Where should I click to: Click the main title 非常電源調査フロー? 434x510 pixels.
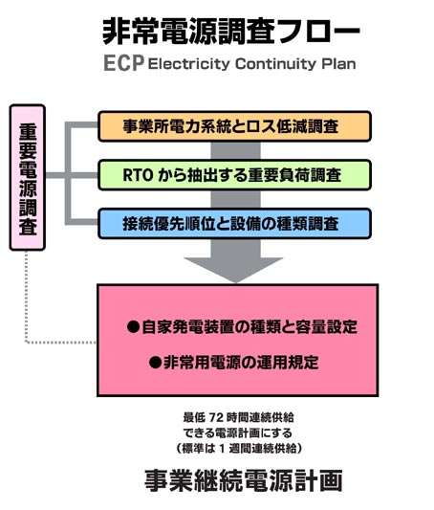231,32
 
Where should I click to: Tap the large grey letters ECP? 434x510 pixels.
124,63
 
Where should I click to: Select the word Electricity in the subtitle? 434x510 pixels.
188,64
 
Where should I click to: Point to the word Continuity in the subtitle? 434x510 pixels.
275,64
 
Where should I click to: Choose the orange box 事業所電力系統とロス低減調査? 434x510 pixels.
234,126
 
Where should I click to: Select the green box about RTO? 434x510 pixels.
234,175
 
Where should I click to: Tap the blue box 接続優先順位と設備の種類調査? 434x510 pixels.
234,224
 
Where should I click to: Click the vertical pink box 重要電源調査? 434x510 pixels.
28,177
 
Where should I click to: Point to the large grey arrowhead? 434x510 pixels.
234,269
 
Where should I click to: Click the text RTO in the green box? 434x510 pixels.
138,175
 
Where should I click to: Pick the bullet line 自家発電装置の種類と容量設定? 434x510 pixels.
243,327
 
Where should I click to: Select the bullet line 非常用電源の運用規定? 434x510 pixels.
234,363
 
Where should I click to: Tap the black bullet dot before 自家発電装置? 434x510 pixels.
133,327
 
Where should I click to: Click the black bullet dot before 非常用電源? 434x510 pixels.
155,363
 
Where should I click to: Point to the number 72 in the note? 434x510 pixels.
216,417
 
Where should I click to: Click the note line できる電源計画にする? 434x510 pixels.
238,432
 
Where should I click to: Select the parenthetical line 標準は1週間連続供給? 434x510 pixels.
239,449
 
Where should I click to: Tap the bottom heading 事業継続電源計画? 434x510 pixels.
244,480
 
